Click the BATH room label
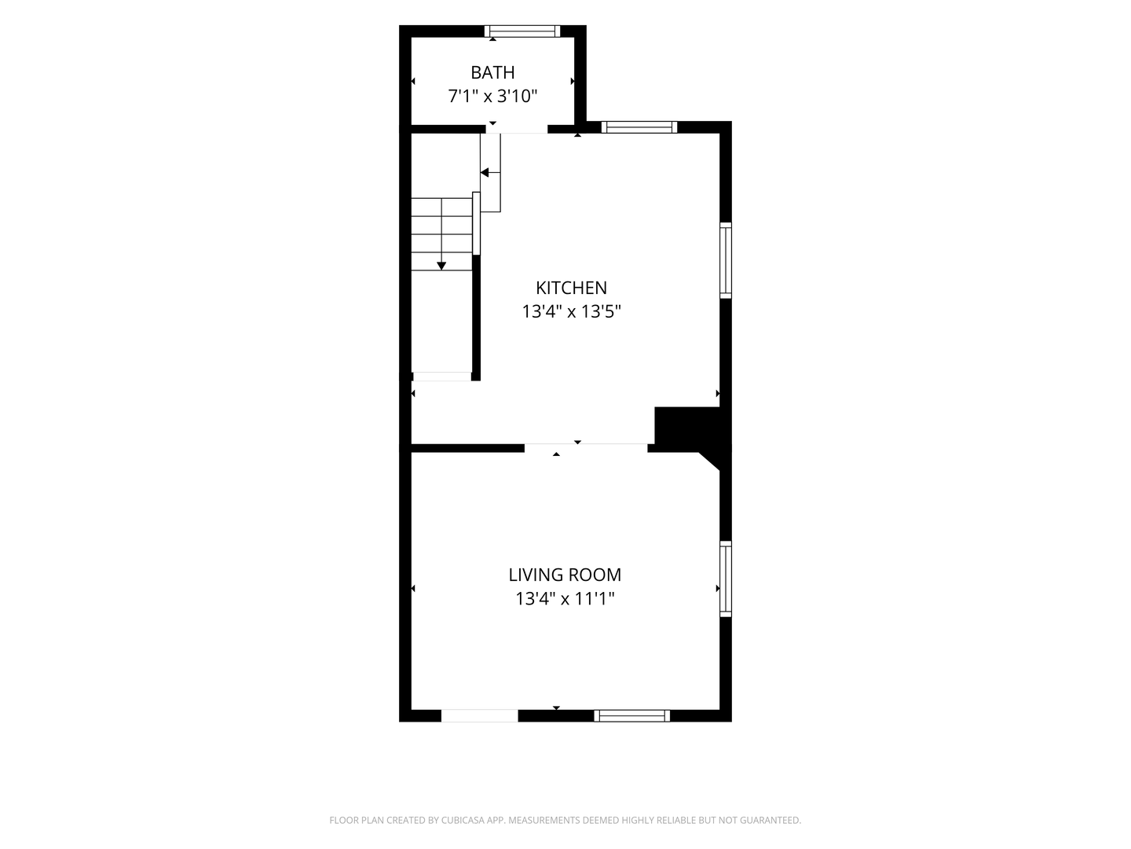pyautogui.click(x=492, y=72)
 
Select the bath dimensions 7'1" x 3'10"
pyautogui.click(x=492, y=97)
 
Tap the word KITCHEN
pyautogui.click(x=572, y=288)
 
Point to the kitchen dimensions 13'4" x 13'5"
pyautogui.click(x=572, y=312)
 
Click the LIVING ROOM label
pyautogui.click(x=565, y=575)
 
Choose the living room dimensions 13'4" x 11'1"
pyautogui.click(x=565, y=599)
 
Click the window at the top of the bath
pyautogui.click(x=522, y=31)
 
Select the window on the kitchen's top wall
pyautogui.click(x=639, y=127)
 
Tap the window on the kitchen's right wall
pyautogui.click(x=726, y=260)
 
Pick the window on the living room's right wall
pyautogui.click(x=726, y=579)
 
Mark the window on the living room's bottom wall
pyautogui.click(x=631, y=715)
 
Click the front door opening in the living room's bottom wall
pyautogui.click(x=480, y=715)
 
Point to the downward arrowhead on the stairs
pyautogui.click(x=441, y=266)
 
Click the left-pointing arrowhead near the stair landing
pyautogui.click(x=485, y=172)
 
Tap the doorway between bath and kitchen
pyautogui.click(x=516, y=129)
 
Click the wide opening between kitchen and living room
pyautogui.click(x=586, y=448)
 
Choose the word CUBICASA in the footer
pyautogui.click(x=463, y=820)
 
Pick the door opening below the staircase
pyautogui.click(x=442, y=377)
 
